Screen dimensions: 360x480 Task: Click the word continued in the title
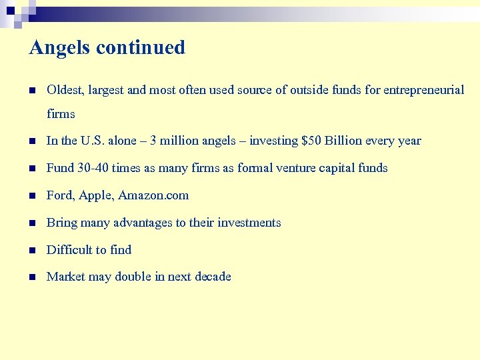coord(141,48)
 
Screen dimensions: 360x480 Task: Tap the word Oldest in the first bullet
coord(65,90)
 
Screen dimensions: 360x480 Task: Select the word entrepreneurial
coord(424,90)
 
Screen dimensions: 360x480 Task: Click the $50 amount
coord(311,141)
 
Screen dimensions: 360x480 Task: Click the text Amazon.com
coord(153,195)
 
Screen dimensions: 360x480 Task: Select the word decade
coord(213,277)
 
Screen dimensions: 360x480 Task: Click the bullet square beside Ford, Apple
coord(31,196)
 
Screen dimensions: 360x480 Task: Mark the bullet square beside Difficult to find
coord(31,251)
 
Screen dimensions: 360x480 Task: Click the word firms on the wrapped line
coord(61,114)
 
